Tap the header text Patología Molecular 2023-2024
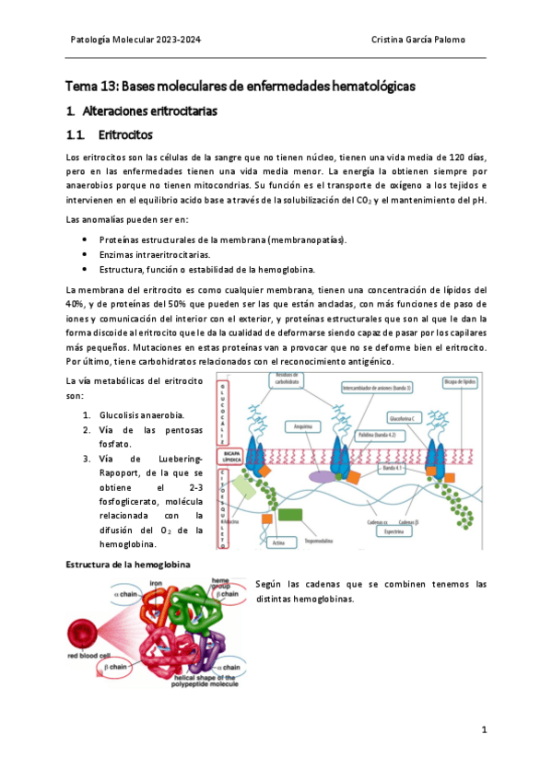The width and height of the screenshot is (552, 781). click(x=135, y=41)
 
